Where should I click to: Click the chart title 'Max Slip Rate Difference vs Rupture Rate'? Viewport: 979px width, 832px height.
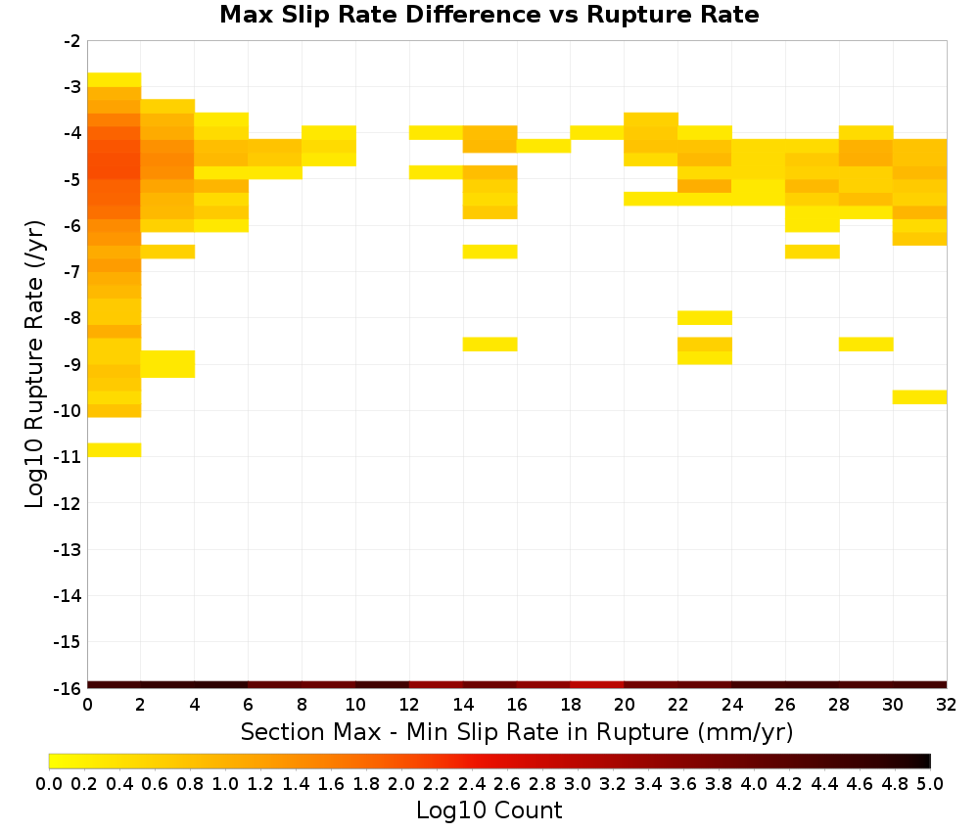(x=489, y=15)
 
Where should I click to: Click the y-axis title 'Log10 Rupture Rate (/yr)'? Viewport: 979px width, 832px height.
(x=34, y=364)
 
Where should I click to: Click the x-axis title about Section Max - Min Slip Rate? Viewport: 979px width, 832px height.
(x=516, y=732)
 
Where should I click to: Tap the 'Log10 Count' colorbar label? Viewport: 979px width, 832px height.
(x=489, y=810)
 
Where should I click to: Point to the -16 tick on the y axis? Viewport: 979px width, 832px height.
(x=68, y=688)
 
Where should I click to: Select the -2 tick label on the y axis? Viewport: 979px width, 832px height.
(x=71, y=41)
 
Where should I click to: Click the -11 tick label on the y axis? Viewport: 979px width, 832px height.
(x=68, y=457)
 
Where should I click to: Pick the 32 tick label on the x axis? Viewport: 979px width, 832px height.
(x=946, y=705)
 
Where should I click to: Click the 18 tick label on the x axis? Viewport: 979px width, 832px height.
(x=570, y=705)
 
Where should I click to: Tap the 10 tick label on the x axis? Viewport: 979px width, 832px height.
(x=355, y=705)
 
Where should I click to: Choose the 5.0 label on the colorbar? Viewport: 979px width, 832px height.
(x=930, y=783)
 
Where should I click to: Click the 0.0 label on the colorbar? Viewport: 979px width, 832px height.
(x=49, y=783)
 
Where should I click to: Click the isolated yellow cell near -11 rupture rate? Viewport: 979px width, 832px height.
(x=115, y=449)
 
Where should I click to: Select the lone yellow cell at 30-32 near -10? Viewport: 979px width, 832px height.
(x=919, y=397)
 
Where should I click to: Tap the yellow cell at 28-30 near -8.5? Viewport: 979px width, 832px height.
(x=866, y=344)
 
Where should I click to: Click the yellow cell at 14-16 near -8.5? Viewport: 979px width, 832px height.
(x=490, y=344)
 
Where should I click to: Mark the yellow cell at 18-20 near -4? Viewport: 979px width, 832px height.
(x=597, y=132)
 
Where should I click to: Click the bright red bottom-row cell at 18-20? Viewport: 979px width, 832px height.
(x=597, y=685)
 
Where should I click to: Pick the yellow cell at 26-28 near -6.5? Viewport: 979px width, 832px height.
(x=813, y=252)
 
